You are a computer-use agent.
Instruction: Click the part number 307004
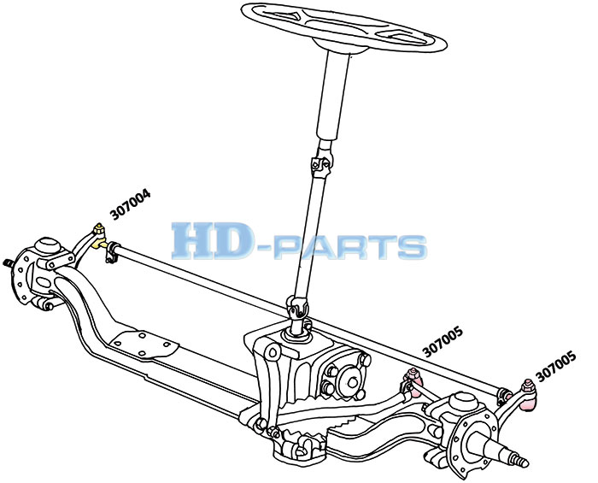point(131,204)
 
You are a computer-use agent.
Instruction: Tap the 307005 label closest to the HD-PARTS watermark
point(443,341)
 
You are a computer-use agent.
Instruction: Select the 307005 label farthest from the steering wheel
point(555,366)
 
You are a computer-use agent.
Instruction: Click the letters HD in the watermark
point(208,241)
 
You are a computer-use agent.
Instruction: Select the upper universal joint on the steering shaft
point(321,164)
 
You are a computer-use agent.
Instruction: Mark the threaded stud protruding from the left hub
point(9,263)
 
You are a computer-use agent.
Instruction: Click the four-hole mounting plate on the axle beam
point(144,345)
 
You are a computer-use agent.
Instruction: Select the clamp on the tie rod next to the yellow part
point(111,252)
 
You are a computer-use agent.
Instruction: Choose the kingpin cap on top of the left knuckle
point(48,245)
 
